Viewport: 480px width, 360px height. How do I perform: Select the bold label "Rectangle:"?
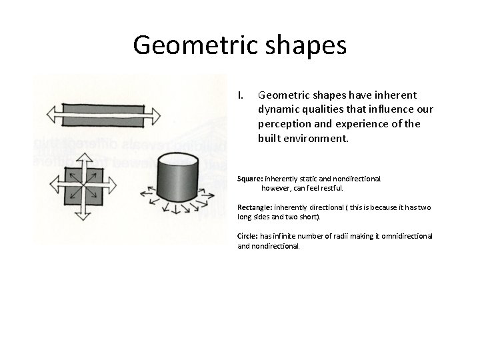coord(256,207)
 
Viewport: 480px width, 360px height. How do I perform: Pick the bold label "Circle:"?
coord(249,236)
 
